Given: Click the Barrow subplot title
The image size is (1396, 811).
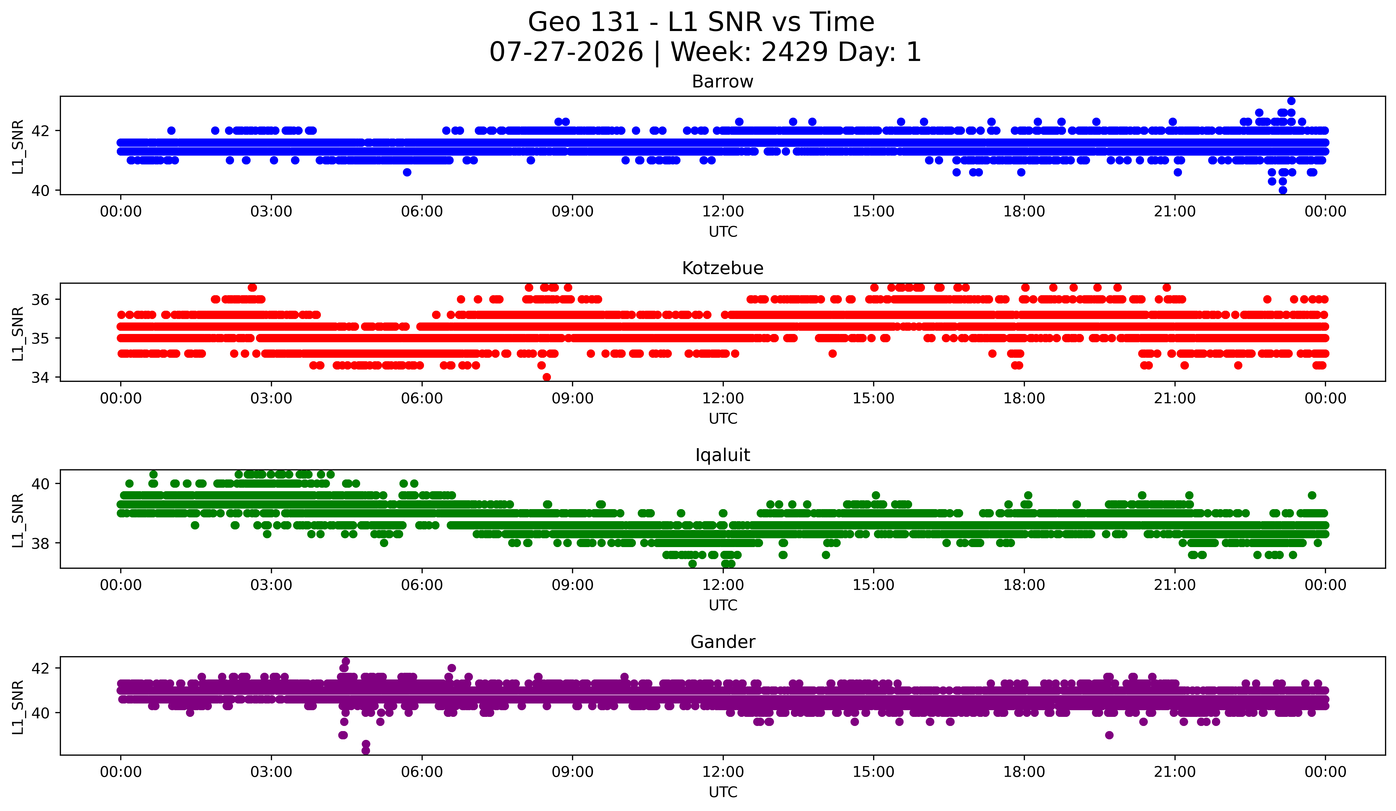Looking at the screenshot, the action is point(722,82).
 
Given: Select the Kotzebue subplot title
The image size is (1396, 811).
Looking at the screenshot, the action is point(722,268).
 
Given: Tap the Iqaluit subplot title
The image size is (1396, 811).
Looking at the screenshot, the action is point(722,455).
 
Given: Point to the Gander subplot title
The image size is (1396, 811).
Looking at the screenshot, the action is point(722,642).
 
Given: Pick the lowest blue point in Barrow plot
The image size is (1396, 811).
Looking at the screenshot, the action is point(1282,190).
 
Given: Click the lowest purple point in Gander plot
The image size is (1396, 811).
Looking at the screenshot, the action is point(365,751).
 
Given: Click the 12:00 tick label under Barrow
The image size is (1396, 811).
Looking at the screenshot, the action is point(723,212).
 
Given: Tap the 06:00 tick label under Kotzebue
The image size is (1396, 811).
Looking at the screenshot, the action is point(422,399).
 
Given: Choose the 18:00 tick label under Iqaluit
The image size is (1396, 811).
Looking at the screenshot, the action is point(1024,585).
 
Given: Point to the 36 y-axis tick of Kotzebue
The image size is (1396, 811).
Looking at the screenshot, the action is point(40,300).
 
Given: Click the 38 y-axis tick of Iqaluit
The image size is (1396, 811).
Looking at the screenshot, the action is point(40,544).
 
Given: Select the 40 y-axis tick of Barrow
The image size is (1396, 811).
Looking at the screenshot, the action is point(40,191).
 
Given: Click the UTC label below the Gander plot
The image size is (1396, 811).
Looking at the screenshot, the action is point(723,792).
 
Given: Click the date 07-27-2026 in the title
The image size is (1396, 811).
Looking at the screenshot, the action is point(566,52).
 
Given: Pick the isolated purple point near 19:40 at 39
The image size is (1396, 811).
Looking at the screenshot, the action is point(1109,735).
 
